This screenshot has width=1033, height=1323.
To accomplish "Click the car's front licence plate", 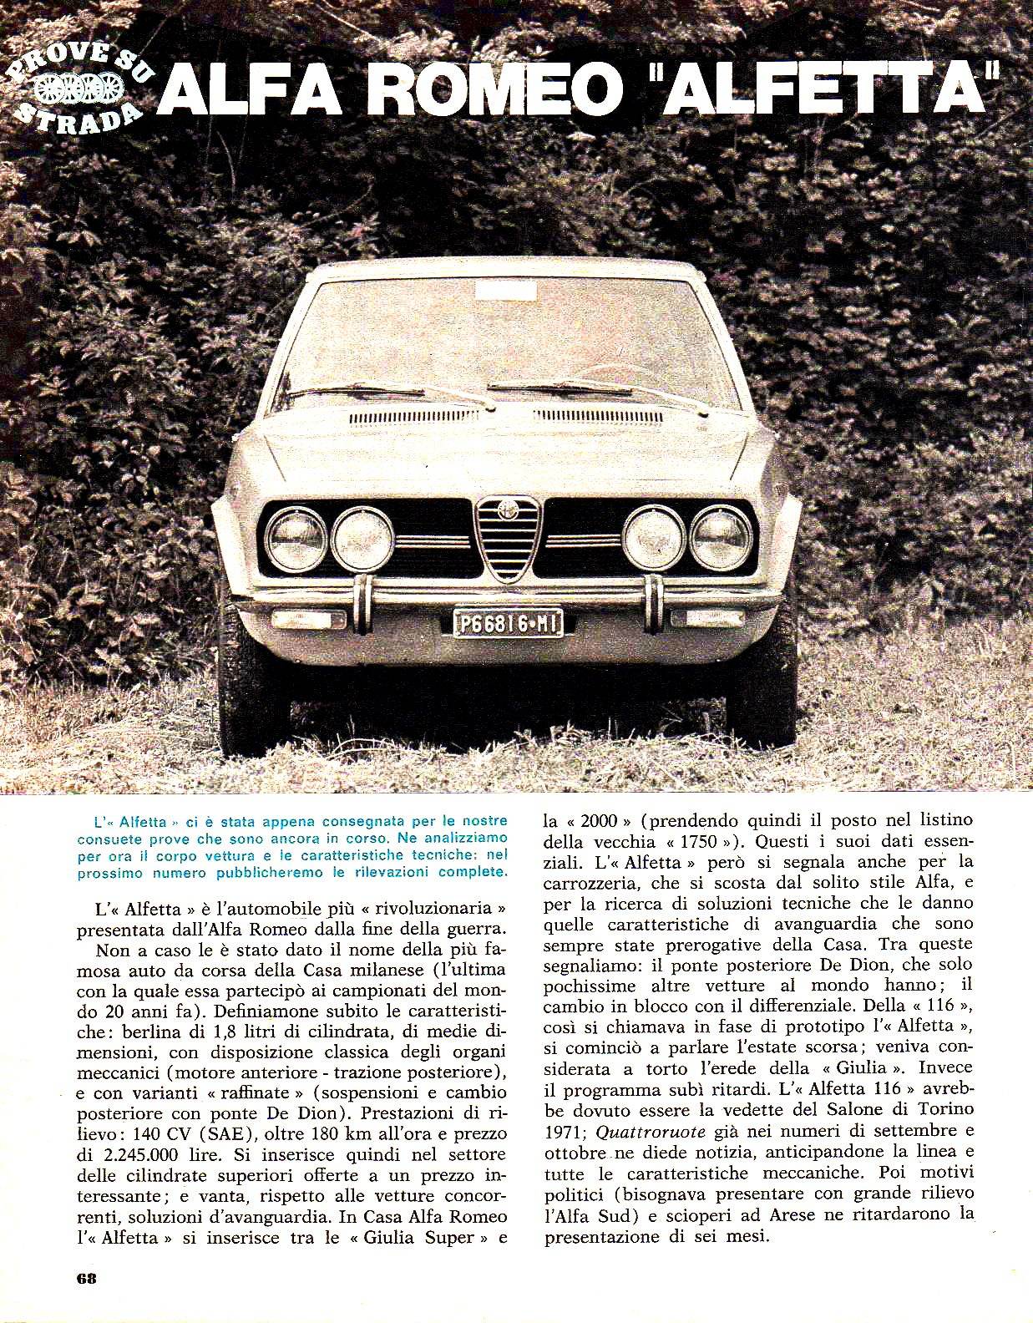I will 508,622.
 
